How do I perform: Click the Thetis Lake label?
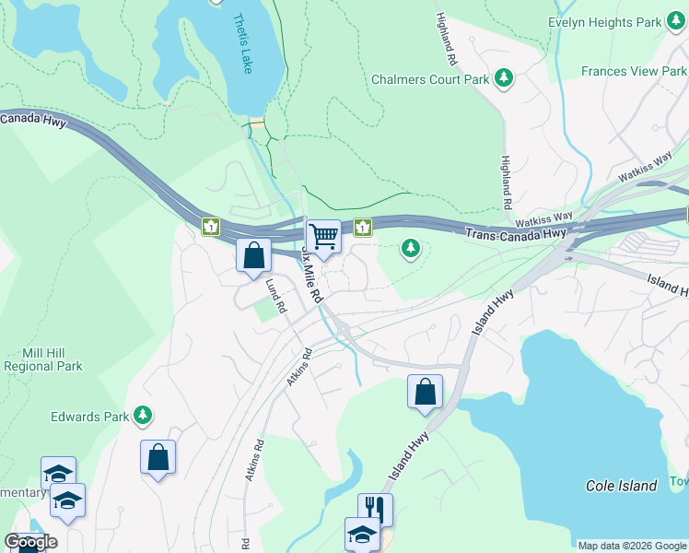click(x=242, y=43)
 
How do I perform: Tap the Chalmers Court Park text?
click(x=430, y=79)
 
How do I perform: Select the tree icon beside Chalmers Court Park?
click(x=504, y=78)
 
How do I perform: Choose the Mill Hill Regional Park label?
click(x=43, y=359)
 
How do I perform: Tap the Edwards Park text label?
click(x=89, y=417)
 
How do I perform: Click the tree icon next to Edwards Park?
click(x=142, y=416)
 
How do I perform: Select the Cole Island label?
click(x=622, y=486)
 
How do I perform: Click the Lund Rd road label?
click(x=273, y=297)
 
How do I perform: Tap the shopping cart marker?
click(x=323, y=236)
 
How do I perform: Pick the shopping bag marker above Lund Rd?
click(x=253, y=255)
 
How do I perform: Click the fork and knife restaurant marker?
click(x=375, y=508)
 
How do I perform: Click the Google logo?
click(x=30, y=541)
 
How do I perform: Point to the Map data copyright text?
click(x=632, y=546)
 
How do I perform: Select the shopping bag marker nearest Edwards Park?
click(x=158, y=456)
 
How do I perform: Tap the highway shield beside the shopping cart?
click(x=363, y=227)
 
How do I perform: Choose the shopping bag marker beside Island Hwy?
click(x=426, y=391)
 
